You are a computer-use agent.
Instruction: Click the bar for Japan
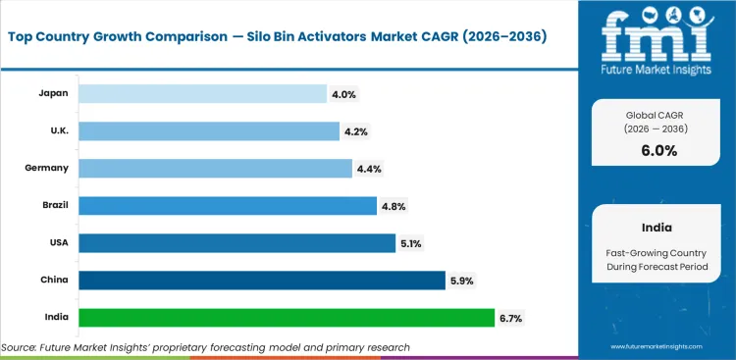click(x=202, y=93)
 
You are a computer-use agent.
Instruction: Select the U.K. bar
click(x=208, y=130)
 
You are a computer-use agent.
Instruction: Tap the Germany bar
click(x=214, y=168)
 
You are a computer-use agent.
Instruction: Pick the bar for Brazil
click(x=227, y=205)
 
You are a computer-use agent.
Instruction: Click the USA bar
click(x=236, y=242)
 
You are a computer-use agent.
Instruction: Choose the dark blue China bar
click(x=261, y=281)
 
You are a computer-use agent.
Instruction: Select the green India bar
click(x=286, y=318)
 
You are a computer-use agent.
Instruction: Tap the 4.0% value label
click(x=342, y=93)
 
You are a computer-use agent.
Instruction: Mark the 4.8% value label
click(x=393, y=206)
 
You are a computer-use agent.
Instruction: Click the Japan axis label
click(x=53, y=93)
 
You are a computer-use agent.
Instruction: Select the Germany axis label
click(x=47, y=168)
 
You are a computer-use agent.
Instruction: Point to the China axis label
click(x=54, y=281)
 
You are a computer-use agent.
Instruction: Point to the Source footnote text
click(x=205, y=346)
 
